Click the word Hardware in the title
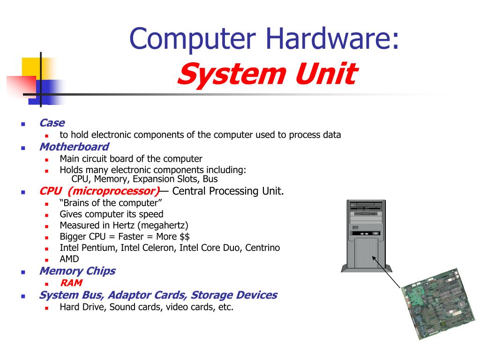point(332,38)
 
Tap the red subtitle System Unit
point(267,74)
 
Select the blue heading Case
point(52,123)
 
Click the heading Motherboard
point(75,147)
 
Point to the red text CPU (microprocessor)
point(100,191)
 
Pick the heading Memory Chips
point(77,271)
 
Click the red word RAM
point(71,283)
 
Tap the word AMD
point(69,259)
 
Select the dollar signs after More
point(185,237)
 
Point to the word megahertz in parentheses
point(163,225)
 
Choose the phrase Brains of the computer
point(111,203)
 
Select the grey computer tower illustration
point(366,236)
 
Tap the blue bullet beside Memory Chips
point(23,272)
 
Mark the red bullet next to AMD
point(46,260)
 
